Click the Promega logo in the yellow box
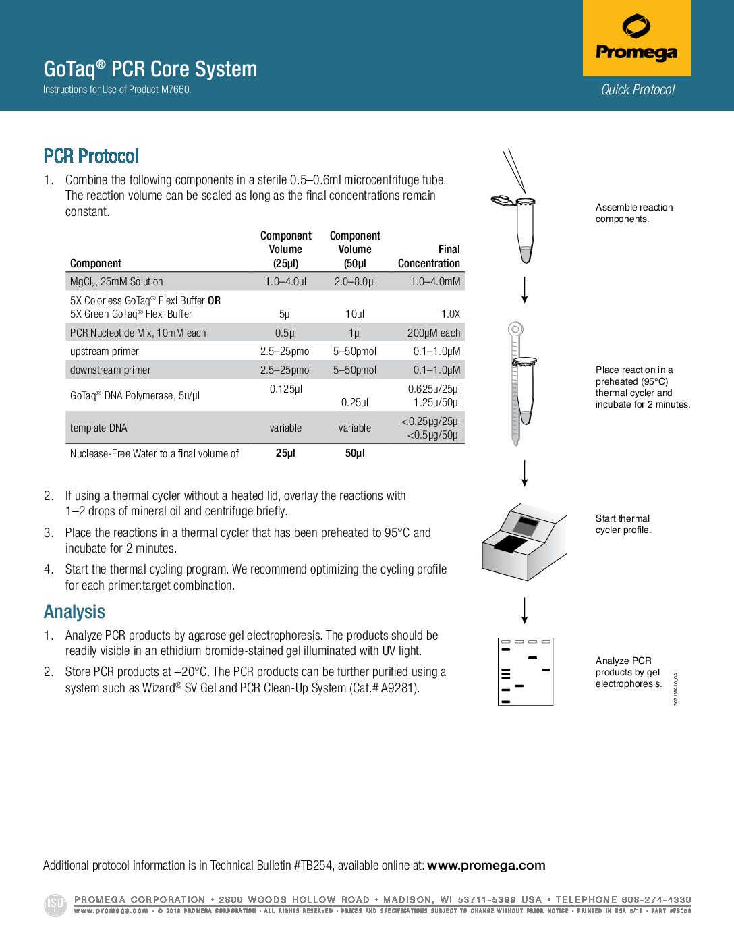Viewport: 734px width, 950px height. coord(636,39)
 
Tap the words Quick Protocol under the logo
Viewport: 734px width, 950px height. coord(638,90)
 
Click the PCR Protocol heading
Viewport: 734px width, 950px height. coord(91,157)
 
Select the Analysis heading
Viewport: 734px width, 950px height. coord(74,612)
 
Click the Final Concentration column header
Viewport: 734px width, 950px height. coord(429,256)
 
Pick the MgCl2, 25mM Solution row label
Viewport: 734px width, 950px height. coord(117,282)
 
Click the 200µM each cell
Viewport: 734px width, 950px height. coord(433,333)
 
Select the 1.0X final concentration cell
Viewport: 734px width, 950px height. coord(450,314)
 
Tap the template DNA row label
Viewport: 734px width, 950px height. coord(98,428)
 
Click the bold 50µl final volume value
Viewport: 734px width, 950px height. coord(355,453)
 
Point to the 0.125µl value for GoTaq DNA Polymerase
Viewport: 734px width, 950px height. coord(286,389)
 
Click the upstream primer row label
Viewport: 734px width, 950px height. coord(105,352)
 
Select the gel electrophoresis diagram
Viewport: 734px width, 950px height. coord(525,671)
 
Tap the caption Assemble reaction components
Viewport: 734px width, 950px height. coord(633,213)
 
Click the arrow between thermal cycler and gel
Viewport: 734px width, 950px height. coord(524,610)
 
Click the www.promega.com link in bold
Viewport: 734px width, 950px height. coord(486,866)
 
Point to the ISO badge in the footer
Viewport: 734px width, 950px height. coord(55,904)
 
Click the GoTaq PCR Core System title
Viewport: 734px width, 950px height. coord(150,69)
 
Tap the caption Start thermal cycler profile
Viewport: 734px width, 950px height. coord(623,524)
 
